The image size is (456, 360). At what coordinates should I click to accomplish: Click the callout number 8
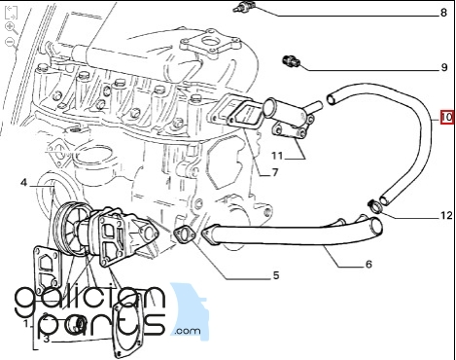pyautogui.click(x=443, y=13)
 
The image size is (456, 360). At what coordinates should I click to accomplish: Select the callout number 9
pyautogui.click(x=444, y=67)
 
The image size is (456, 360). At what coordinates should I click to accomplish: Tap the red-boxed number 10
pyautogui.click(x=447, y=117)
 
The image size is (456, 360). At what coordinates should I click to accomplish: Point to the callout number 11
pyautogui.click(x=277, y=156)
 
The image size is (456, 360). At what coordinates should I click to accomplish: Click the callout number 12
pyautogui.click(x=446, y=215)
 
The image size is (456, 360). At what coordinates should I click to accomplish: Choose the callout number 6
pyautogui.click(x=368, y=265)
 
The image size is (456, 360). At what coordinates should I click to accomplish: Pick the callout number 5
pyautogui.click(x=275, y=275)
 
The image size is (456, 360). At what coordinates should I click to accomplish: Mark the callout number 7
pyautogui.click(x=275, y=172)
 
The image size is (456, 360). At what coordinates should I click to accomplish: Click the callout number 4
pyautogui.click(x=23, y=183)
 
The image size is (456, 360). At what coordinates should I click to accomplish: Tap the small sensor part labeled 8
pyautogui.click(x=244, y=7)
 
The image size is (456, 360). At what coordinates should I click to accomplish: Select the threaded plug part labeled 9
pyautogui.click(x=292, y=61)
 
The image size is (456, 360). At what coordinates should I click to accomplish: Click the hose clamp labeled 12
pyautogui.click(x=375, y=206)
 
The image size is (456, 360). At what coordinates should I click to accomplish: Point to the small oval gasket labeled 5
pyautogui.click(x=185, y=235)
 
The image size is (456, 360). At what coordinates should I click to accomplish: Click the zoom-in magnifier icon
pyautogui.click(x=12, y=28)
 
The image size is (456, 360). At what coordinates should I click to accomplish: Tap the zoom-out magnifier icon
pyautogui.click(x=11, y=43)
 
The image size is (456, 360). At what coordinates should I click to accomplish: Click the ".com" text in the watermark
pyautogui.click(x=188, y=331)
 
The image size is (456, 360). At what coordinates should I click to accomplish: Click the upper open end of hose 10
pyautogui.click(x=332, y=99)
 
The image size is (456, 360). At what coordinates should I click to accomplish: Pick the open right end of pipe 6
pyautogui.click(x=376, y=227)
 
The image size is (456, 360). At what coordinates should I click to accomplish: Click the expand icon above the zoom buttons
pyautogui.click(x=12, y=13)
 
